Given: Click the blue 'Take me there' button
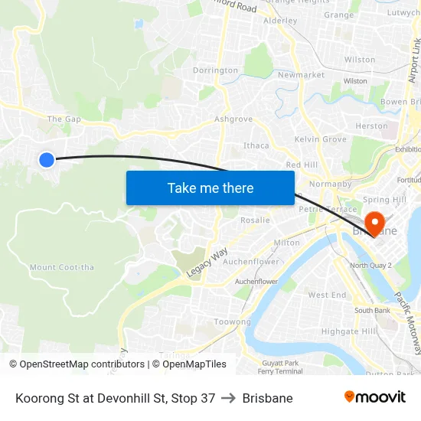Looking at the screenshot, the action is [x=210, y=188].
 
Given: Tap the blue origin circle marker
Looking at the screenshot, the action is [x=47, y=159].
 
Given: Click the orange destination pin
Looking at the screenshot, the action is [x=374, y=223].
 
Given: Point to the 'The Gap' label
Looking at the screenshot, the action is [x=64, y=119].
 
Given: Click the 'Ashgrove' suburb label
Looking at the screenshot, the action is [x=233, y=119].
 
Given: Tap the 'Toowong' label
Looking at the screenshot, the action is [x=232, y=322].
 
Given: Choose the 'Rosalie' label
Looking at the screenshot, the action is [x=255, y=220].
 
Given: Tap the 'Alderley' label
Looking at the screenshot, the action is [x=279, y=21].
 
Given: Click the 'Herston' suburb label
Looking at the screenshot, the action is [x=372, y=126].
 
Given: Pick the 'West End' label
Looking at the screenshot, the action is [x=327, y=295].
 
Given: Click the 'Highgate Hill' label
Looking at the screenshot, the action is [x=348, y=331].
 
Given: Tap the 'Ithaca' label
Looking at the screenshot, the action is [x=256, y=145].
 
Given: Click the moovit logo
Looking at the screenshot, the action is [x=374, y=397].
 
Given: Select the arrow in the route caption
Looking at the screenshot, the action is [x=229, y=398].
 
